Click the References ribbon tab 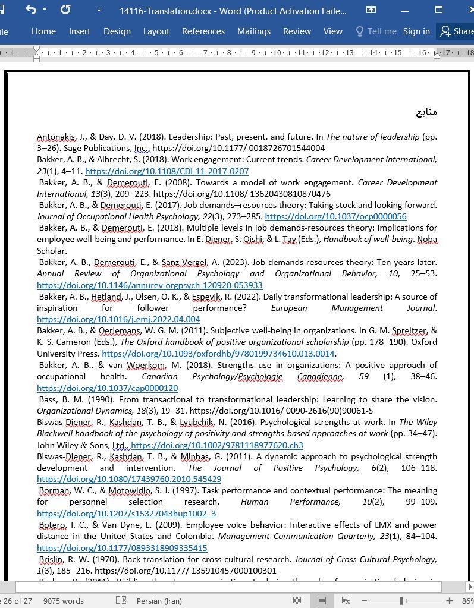203,31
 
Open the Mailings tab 253,31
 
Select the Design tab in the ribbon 117,31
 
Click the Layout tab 156,31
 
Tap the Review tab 296,31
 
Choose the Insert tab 79,31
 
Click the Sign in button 416,31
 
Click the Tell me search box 376,31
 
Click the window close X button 467,10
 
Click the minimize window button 405,10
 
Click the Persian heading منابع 426,112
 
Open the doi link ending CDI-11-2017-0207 167,171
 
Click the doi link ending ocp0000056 335,217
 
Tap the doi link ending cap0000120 107,388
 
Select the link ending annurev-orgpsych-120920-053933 149,285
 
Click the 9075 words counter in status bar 63,601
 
